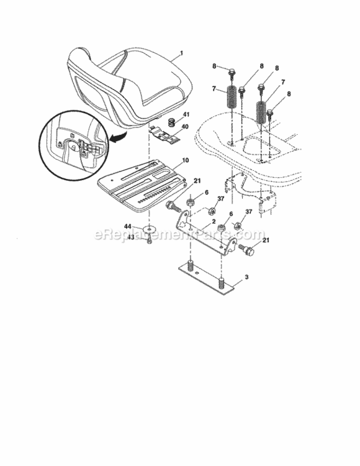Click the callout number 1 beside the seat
tap(181, 55)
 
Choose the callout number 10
tap(185, 160)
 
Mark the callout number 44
tap(128, 226)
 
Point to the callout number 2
tap(214, 221)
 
